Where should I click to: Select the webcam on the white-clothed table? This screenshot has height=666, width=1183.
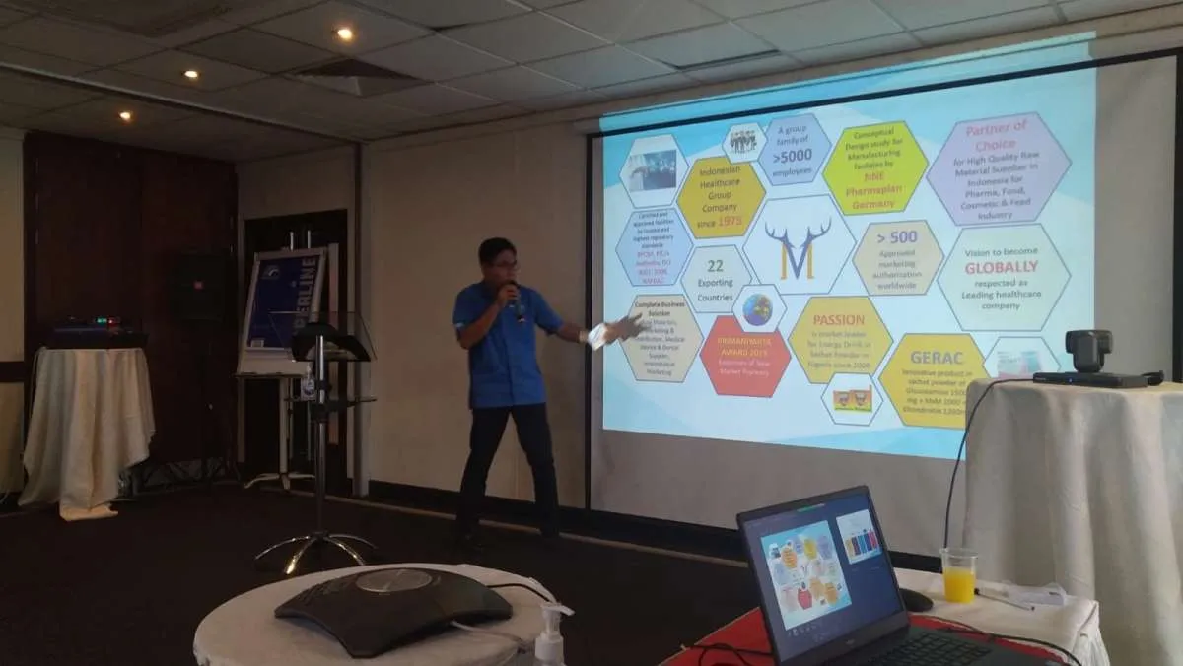tap(1088, 355)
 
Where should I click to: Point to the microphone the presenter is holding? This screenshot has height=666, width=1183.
tap(515, 299)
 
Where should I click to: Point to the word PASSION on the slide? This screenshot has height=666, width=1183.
tap(838, 320)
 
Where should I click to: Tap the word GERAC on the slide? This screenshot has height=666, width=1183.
tap(930, 357)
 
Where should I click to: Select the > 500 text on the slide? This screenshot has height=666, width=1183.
tap(897, 238)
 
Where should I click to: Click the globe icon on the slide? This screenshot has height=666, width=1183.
tap(757, 309)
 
